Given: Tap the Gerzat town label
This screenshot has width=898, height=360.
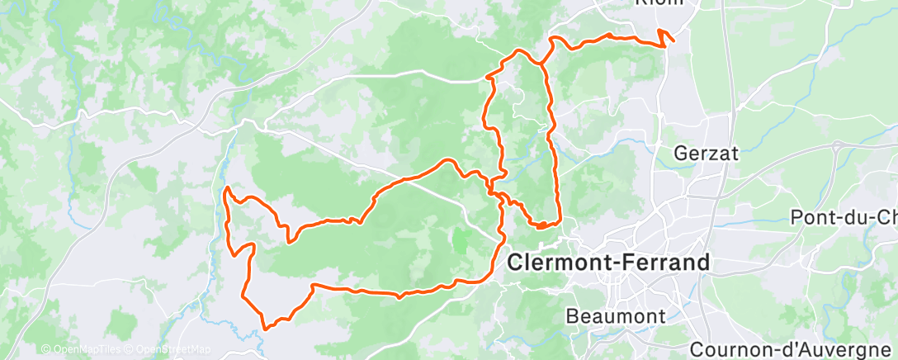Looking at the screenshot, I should [x=706, y=153].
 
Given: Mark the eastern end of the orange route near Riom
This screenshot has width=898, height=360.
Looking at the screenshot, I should [x=673, y=40].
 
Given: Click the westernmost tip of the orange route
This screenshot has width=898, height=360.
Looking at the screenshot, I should [x=226, y=192].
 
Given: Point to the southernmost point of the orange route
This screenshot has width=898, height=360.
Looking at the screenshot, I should [x=266, y=329].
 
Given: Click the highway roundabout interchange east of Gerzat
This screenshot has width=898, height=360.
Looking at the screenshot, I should [x=839, y=149].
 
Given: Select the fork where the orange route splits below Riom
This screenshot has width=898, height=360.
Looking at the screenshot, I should [x=545, y=62].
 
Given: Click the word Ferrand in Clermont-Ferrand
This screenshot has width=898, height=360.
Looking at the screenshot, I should [x=661, y=263].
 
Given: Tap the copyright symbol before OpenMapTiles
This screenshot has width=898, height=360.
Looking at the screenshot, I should [x=45, y=350].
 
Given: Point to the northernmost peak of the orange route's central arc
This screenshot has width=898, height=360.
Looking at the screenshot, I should [x=448, y=160].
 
